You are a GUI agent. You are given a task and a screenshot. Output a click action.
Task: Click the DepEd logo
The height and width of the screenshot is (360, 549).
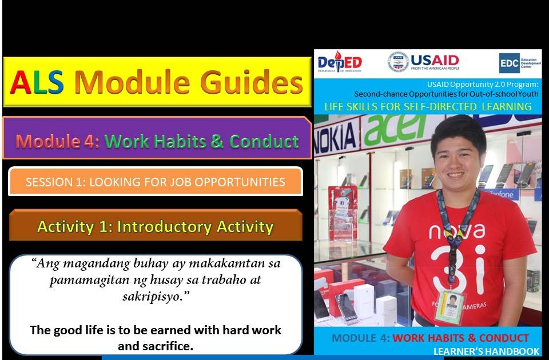click(340, 62)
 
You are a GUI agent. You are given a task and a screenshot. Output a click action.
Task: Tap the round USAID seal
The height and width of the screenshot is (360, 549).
click(398, 62)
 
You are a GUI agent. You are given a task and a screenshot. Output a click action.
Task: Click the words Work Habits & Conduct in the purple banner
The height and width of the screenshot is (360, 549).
click(201, 141)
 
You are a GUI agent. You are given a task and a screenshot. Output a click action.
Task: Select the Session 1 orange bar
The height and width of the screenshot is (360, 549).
click(156, 182)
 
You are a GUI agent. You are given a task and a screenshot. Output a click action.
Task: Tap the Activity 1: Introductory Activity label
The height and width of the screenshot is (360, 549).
click(156, 227)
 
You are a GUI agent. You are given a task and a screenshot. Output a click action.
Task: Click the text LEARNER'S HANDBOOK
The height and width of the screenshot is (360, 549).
click(486, 351)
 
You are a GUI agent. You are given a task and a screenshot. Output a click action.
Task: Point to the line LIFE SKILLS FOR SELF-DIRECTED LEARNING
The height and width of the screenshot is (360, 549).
click(428, 106)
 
